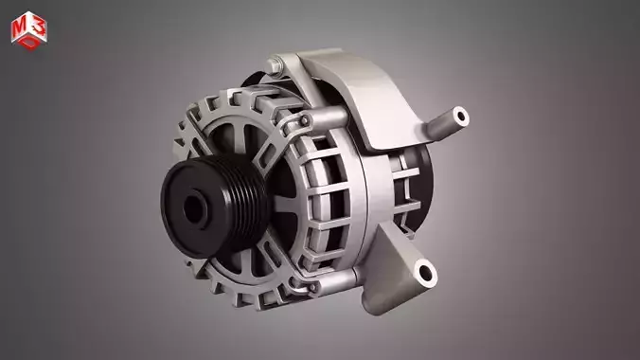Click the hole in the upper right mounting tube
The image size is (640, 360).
click(461, 117)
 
